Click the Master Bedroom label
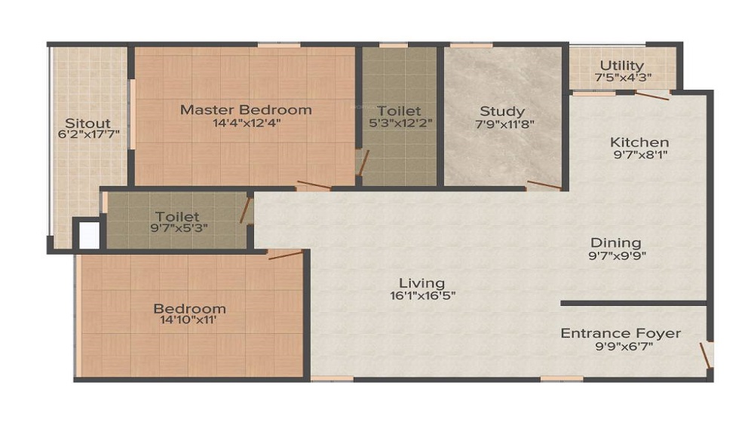[246, 109]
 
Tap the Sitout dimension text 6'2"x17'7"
[88, 134]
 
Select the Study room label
[502, 112]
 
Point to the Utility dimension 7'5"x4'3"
[623, 78]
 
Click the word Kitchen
[639, 142]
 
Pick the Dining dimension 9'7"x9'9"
[617, 255]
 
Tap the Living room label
[422, 283]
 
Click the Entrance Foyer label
[621, 333]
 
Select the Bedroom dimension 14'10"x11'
[188, 319]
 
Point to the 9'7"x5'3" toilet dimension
[179, 228]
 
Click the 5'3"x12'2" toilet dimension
[400, 123]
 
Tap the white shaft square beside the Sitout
[89, 235]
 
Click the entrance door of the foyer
[704, 356]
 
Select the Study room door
[544, 185]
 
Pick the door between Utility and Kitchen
[652, 95]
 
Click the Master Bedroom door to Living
[314, 184]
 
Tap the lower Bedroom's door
[286, 255]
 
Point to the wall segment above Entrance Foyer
[634, 304]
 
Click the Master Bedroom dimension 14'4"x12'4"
[247, 123]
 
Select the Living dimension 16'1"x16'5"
[423, 295]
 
